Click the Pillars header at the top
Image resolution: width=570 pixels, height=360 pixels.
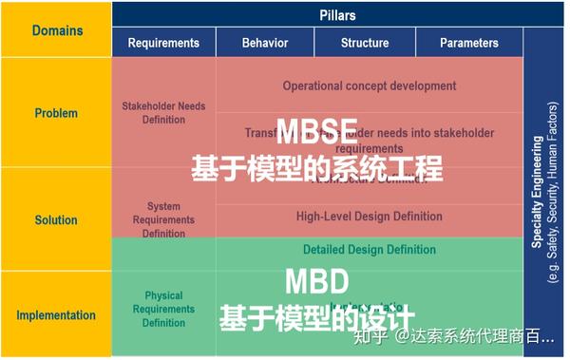[x=337, y=15]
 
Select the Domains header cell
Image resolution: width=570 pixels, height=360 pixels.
[x=57, y=30]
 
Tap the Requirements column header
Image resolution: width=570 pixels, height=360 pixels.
[x=163, y=43]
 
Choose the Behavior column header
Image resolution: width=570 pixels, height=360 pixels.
[x=265, y=43]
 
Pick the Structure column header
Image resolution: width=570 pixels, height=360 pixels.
[x=365, y=43]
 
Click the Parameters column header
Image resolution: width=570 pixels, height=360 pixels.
[x=468, y=43]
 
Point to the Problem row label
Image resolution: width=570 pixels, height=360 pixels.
[x=56, y=113]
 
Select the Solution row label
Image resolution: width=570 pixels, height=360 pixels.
[x=56, y=219]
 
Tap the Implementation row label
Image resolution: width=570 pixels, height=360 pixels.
[x=56, y=315]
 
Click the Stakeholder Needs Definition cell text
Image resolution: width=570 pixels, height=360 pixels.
[x=163, y=113]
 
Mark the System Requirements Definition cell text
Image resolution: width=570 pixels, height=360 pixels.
[x=163, y=219]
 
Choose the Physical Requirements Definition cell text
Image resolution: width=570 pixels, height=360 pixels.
[x=163, y=310]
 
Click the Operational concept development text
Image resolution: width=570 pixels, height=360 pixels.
[x=370, y=85]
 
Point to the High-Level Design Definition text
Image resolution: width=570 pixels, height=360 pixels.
[x=370, y=217]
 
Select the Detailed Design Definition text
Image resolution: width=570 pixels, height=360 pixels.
[x=370, y=250]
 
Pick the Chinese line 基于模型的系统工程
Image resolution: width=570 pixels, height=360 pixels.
[x=317, y=170]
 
